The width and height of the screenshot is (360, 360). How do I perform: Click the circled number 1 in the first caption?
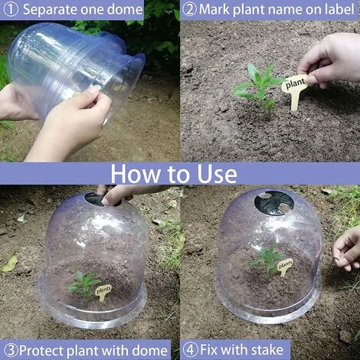tap(11, 9)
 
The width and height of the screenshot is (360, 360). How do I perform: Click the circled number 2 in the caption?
tap(190, 9)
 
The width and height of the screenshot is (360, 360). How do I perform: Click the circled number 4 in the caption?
tap(190, 349)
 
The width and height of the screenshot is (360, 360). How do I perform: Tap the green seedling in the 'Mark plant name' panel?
tap(259, 89)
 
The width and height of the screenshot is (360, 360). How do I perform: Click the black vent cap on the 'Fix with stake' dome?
tap(274, 202)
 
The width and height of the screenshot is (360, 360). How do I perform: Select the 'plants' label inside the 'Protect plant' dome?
tap(103, 292)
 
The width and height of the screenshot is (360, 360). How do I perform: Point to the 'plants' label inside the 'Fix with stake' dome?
tap(285, 266)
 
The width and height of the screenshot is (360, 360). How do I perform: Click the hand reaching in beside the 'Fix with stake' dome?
tap(348, 249)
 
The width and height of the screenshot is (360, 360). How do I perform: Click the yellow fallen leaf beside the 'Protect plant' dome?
tap(10, 263)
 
